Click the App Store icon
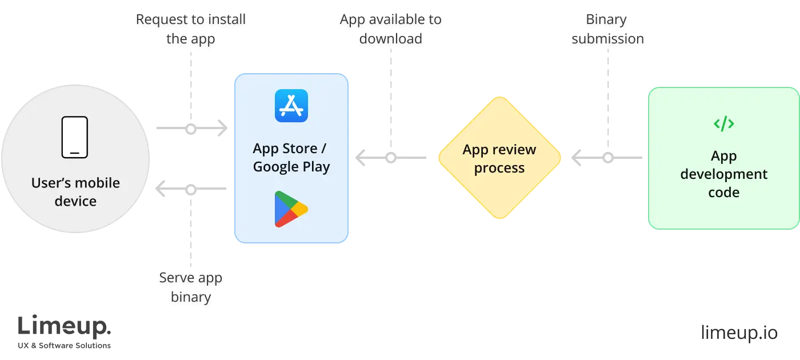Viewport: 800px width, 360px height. [291, 106]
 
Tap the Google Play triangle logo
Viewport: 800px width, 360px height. [291, 209]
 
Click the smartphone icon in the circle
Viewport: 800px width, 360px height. [75, 137]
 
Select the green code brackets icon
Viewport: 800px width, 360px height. [723, 123]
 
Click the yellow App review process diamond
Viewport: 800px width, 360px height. [499, 158]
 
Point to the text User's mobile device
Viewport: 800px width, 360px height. [75, 192]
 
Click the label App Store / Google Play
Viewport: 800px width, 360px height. [291, 158]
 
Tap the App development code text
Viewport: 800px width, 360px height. [723, 174]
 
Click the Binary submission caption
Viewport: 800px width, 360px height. [608, 31]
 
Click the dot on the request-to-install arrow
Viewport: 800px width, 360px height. [191, 130]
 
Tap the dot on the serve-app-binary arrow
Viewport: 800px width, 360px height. [191, 190]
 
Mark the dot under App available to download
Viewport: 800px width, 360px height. [390, 157]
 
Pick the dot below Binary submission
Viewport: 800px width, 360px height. [608, 157]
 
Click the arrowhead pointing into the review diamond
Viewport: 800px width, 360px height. [578, 157]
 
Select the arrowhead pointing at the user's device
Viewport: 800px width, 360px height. [162, 190]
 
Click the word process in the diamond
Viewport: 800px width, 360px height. [499, 168]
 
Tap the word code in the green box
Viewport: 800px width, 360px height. [723, 193]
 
